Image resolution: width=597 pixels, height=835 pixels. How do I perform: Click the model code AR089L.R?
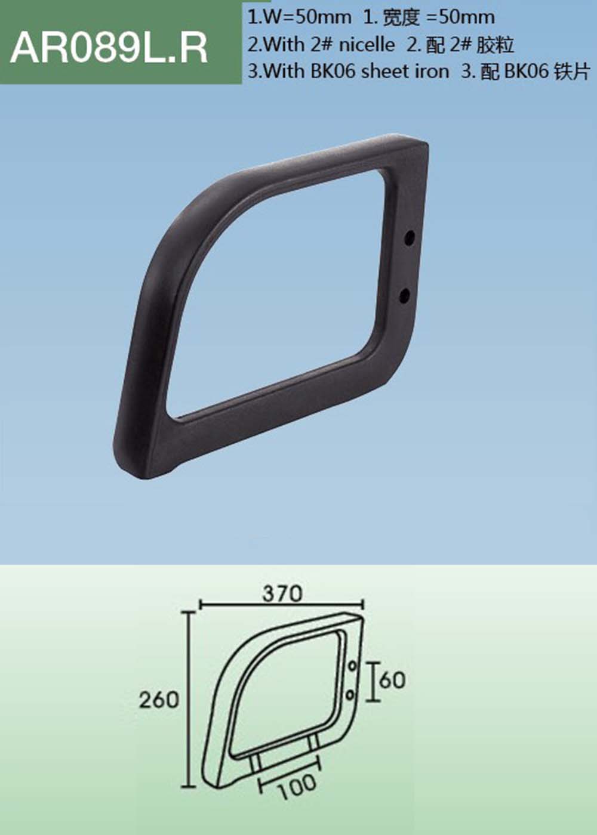(109, 48)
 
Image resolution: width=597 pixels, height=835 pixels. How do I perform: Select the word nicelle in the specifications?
(366, 44)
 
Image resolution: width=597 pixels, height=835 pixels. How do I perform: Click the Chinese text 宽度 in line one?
(401, 17)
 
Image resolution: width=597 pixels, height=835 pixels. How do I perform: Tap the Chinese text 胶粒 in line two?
(496, 44)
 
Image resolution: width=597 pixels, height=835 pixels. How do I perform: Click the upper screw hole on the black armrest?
(410, 238)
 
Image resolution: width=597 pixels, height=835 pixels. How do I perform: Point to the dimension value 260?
(159, 699)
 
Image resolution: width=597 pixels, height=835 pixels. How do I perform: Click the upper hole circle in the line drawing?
(352, 665)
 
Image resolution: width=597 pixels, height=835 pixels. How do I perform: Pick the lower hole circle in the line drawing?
(350, 694)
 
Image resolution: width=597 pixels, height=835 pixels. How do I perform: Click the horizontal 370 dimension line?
(239, 604)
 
